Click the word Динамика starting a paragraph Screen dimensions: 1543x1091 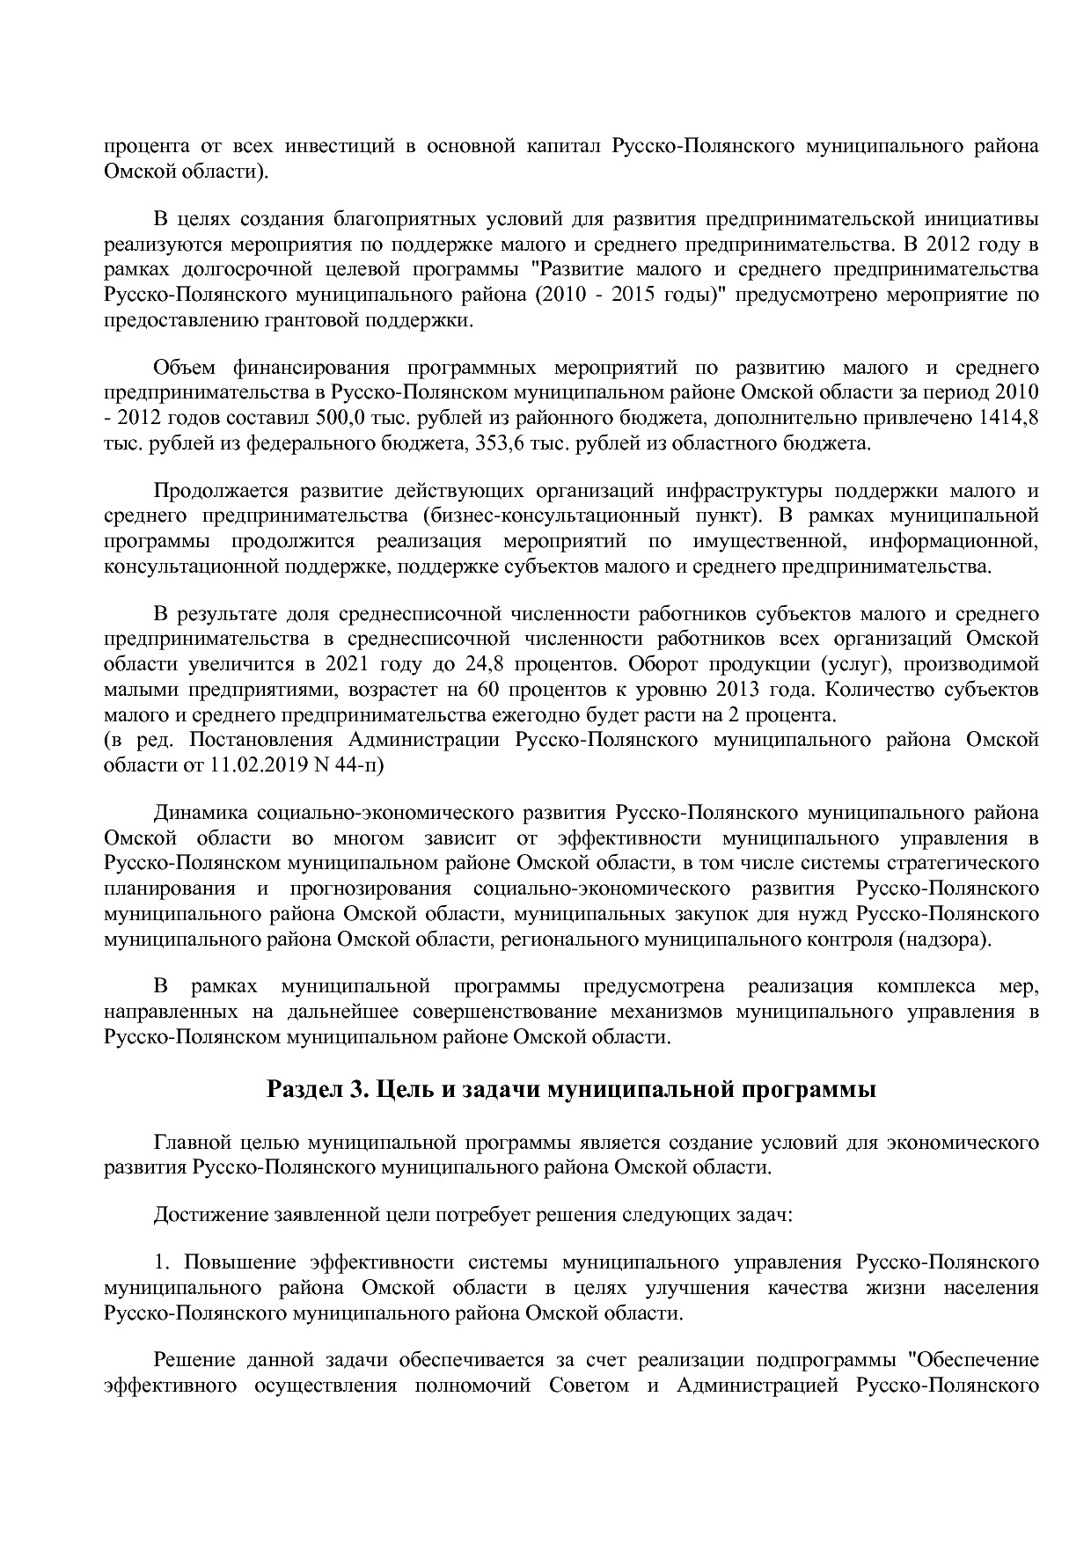click(205, 812)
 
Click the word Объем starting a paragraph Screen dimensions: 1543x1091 click(184, 367)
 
